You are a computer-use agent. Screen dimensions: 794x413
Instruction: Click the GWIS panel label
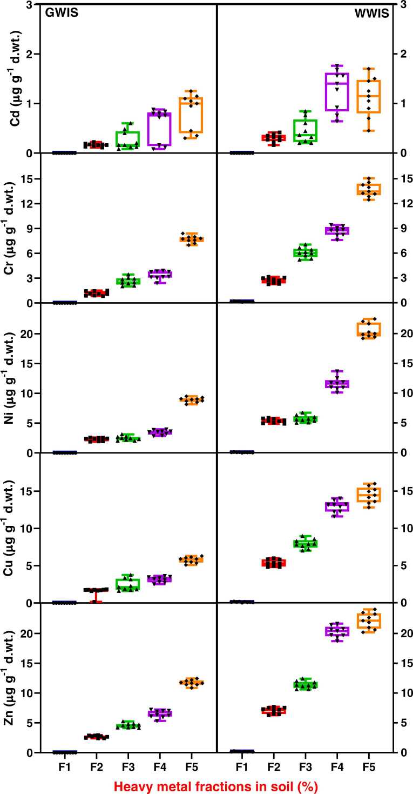61,14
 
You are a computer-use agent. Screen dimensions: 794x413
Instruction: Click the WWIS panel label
372,14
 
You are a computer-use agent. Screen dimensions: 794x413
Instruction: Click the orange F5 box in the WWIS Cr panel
369,189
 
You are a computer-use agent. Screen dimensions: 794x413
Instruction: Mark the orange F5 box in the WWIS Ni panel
369,329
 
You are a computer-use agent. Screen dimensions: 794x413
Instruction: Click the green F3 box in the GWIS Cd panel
128,139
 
